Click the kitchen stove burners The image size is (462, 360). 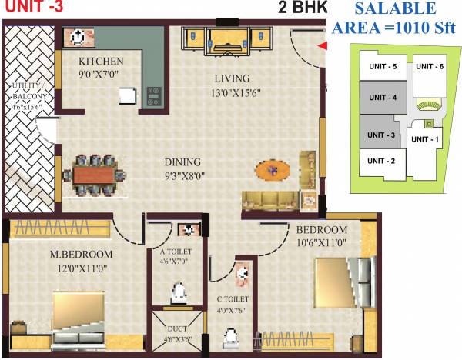tap(152, 96)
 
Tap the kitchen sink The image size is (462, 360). tap(78, 36)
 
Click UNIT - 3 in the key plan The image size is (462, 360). tap(382, 135)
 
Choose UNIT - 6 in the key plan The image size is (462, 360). tap(429, 66)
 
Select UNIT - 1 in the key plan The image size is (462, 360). tap(424, 139)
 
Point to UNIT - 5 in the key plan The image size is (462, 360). tap(382, 67)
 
